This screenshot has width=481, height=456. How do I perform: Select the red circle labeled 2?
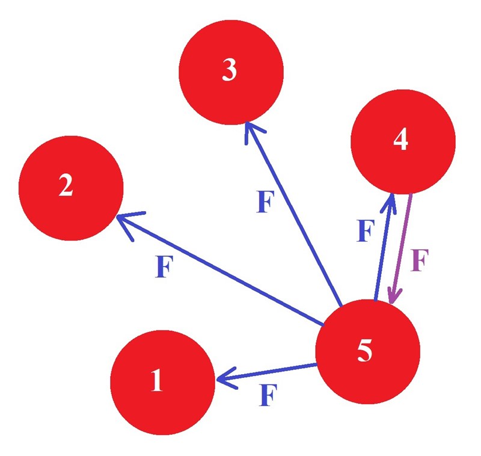tap(71, 188)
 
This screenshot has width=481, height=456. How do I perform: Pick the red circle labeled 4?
tap(402, 141)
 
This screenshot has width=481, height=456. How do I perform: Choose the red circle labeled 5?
tap(367, 351)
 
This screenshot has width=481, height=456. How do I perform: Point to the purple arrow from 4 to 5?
tap(401, 247)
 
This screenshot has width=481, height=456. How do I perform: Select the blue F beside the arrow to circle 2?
tap(162, 267)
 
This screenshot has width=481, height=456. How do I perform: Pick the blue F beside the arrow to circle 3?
tap(265, 203)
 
